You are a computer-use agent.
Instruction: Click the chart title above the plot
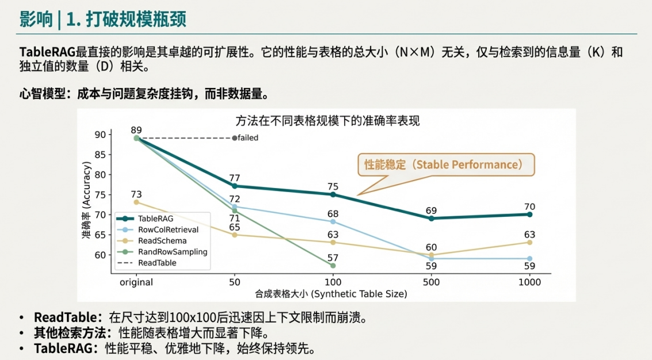(x=327, y=121)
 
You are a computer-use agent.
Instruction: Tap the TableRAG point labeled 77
(x=234, y=186)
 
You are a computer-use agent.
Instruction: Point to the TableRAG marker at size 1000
(x=529, y=214)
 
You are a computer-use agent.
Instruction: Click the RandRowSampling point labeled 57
(x=333, y=265)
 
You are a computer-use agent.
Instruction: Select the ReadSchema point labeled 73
(x=136, y=202)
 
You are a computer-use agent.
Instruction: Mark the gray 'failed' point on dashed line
(x=234, y=138)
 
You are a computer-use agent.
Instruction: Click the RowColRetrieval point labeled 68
(x=333, y=221)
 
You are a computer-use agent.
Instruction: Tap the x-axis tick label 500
(x=431, y=282)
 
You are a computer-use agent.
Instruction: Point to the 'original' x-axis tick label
(x=136, y=282)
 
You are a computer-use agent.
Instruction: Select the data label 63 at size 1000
(x=529, y=235)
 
